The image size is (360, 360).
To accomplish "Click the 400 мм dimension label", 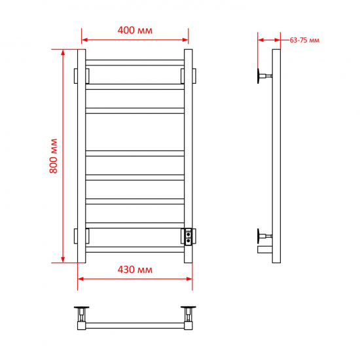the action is pyautogui.click(x=135, y=30).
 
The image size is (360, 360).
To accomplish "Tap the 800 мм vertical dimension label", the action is pyautogui.click(x=53, y=156).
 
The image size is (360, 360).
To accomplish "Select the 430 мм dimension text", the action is pyautogui.click(x=135, y=270).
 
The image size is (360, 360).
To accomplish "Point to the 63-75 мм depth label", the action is pyautogui.click(x=304, y=40).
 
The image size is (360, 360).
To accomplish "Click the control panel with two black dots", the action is pyautogui.click(x=189, y=237).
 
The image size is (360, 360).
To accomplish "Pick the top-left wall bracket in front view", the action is pyautogui.click(x=82, y=76).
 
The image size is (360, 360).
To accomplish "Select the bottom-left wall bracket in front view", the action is pyautogui.click(x=82, y=236).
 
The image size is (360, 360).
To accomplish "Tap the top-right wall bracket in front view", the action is pyautogui.click(x=189, y=76).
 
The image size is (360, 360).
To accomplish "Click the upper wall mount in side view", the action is pyautogui.click(x=264, y=76).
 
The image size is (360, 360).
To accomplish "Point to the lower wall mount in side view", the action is pyautogui.click(x=264, y=236).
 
